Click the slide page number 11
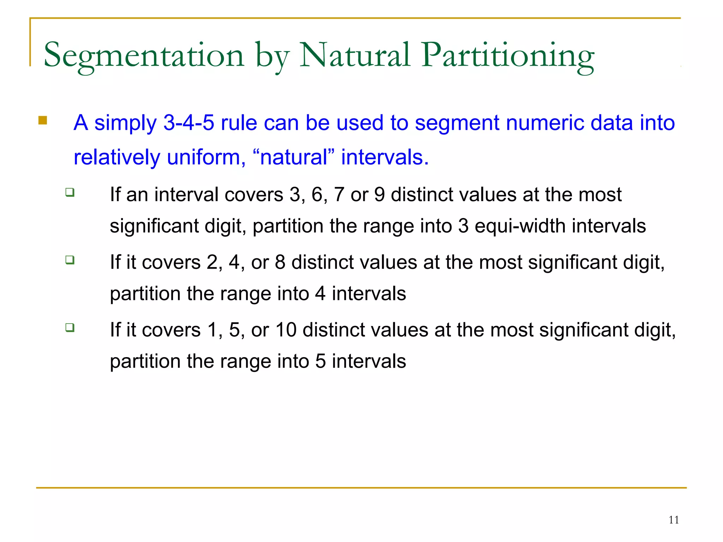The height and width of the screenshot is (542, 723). pyautogui.click(x=674, y=520)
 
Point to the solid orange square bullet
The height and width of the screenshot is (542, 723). pyautogui.click(x=43, y=121)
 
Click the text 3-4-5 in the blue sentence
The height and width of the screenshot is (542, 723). pyautogui.click(x=189, y=123)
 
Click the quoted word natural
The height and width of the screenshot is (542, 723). pyautogui.click(x=294, y=157)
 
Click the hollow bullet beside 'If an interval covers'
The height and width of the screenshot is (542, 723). pyautogui.click(x=70, y=192)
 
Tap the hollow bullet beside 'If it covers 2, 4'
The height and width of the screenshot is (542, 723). pyautogui.click(x=70, y=260)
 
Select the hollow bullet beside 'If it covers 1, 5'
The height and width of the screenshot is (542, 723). pyautogui.click(x=70, y=327)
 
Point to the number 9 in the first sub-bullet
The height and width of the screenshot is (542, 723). pyautogui.click(x=379, y=195)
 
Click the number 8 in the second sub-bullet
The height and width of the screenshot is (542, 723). pyautogui.click(x=280, y=263)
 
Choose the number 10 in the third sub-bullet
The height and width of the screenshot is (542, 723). pyautogui.click(x=286, y=330)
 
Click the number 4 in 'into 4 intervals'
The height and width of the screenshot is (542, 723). pyautogui.click(x=320, y=294)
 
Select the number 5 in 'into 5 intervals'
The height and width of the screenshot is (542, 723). pyautogui.click(x=320, y=361)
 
